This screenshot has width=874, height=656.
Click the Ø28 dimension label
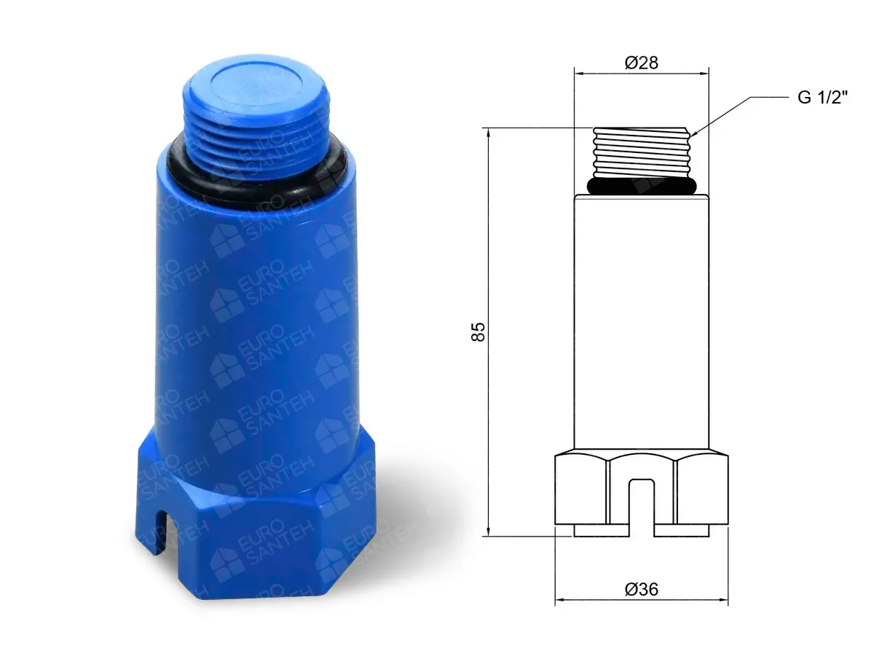click(x=641, y=63)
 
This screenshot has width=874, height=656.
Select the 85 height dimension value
click(x=478, y=332)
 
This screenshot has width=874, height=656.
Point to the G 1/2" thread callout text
click(x=822, y=97)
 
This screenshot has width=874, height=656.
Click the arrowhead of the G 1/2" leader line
click(x=693, y=133)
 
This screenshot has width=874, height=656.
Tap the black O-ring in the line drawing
click(x=642, y=186)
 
